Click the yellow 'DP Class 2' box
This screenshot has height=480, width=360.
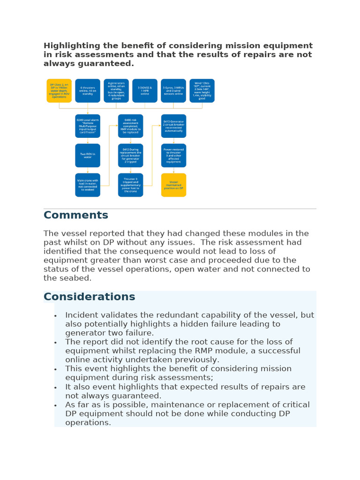(x=59, y=90)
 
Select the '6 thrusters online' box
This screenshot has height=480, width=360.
(x=88, y=90)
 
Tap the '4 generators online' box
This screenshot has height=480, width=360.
(x=116, y=90)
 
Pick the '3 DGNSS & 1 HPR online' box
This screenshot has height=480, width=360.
(x=145, y=90)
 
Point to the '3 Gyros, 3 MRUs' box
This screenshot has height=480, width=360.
(x=173, y=90)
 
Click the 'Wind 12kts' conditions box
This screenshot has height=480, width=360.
(x=202, y=90)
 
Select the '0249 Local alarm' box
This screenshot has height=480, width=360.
(x=88, y=126)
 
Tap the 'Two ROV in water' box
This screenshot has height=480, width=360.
(x=88, y=155)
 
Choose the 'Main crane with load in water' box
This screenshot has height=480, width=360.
(x=88, y=185)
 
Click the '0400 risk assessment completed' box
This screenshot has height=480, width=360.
(x=130, y=126)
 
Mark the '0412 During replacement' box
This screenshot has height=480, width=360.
(x=130, y=155)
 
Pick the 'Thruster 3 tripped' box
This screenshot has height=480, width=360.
(x=130, y=185)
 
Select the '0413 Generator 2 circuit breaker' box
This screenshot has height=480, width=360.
(x=173, y=126)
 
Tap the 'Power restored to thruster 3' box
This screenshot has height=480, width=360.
(x=173, y=155)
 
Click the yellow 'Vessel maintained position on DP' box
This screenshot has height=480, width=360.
(x=173, y=185)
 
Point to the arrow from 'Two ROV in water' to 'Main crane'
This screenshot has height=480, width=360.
(x=88, y=170)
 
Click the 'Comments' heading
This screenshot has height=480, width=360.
(x=76, y=215)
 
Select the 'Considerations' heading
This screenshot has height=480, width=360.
(x=89, y=297)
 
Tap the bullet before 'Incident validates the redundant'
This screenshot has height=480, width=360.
(x=56, y=315)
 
